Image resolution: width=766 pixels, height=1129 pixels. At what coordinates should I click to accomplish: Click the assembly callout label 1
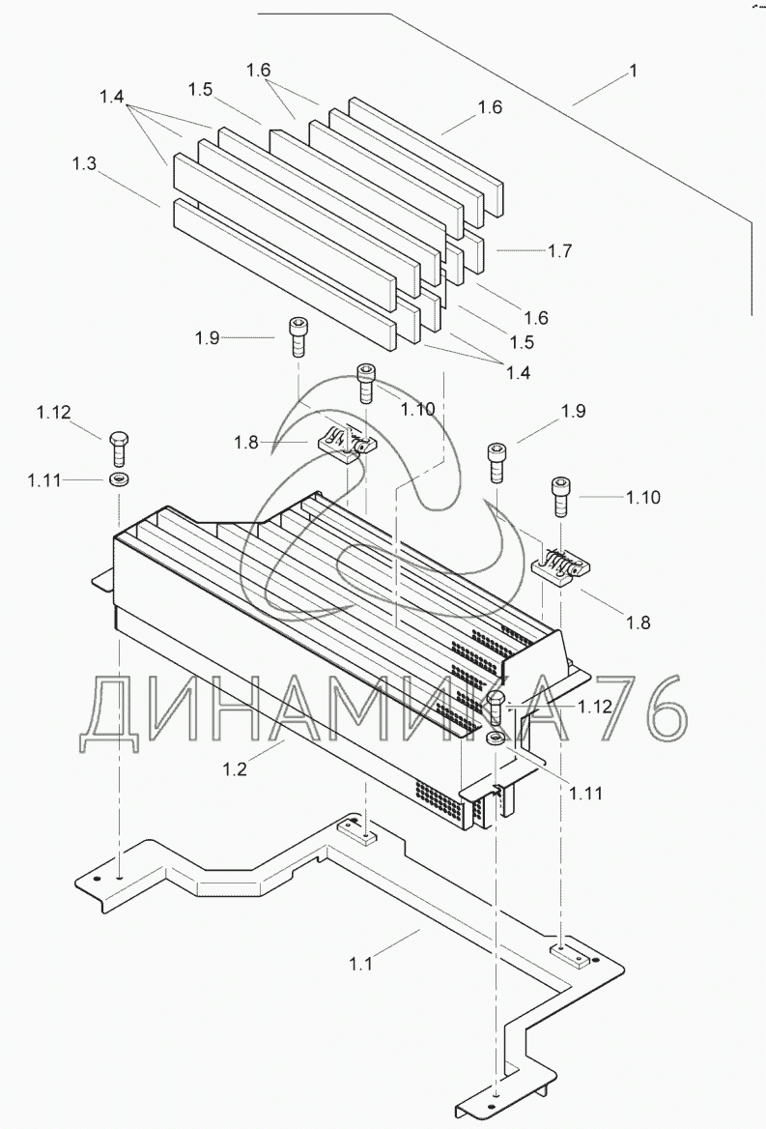click(x=634, y=72)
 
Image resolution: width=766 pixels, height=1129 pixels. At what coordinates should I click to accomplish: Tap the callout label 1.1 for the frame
click(x=361, y=964)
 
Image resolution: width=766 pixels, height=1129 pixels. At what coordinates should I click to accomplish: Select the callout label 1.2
click(x=235, y=769)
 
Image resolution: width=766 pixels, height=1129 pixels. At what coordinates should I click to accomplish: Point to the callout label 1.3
click(x=84, y=163)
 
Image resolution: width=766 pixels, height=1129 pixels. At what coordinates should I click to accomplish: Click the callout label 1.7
click(x=559, y=250)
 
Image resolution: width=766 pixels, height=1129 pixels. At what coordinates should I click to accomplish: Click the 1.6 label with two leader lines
click(x=258, y=70)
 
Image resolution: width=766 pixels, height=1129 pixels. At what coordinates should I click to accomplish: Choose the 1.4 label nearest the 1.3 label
click(x=111, y=97)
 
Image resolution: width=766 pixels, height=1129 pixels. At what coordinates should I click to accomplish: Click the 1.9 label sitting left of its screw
click(x=208, y=337)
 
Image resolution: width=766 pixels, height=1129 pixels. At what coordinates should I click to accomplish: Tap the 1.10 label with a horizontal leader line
click(x=643, y=497)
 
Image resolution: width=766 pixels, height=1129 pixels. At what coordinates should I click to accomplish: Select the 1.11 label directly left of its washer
click(x=44, y=479)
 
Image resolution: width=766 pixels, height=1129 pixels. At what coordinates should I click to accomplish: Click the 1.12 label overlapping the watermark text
click(x=595, y=707)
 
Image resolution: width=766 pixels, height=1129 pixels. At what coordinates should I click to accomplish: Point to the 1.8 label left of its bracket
click(x=246, y=442)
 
